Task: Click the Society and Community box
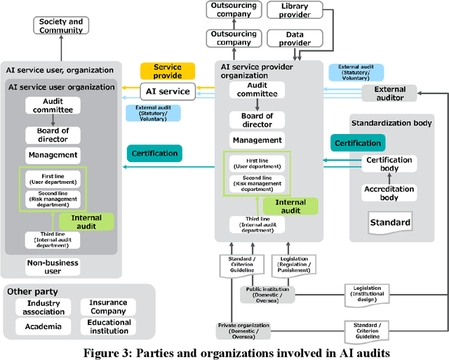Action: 61,26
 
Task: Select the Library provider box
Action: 294,10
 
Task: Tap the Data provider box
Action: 294,38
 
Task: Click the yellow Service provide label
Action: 167,71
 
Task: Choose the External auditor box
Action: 389,93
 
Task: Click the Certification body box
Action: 389,164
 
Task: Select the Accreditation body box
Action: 389,193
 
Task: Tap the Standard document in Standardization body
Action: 390,223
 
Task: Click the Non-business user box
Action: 53,267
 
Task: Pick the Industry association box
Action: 43,307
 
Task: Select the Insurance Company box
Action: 108,307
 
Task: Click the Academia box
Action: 43,326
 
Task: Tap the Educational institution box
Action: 108,326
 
